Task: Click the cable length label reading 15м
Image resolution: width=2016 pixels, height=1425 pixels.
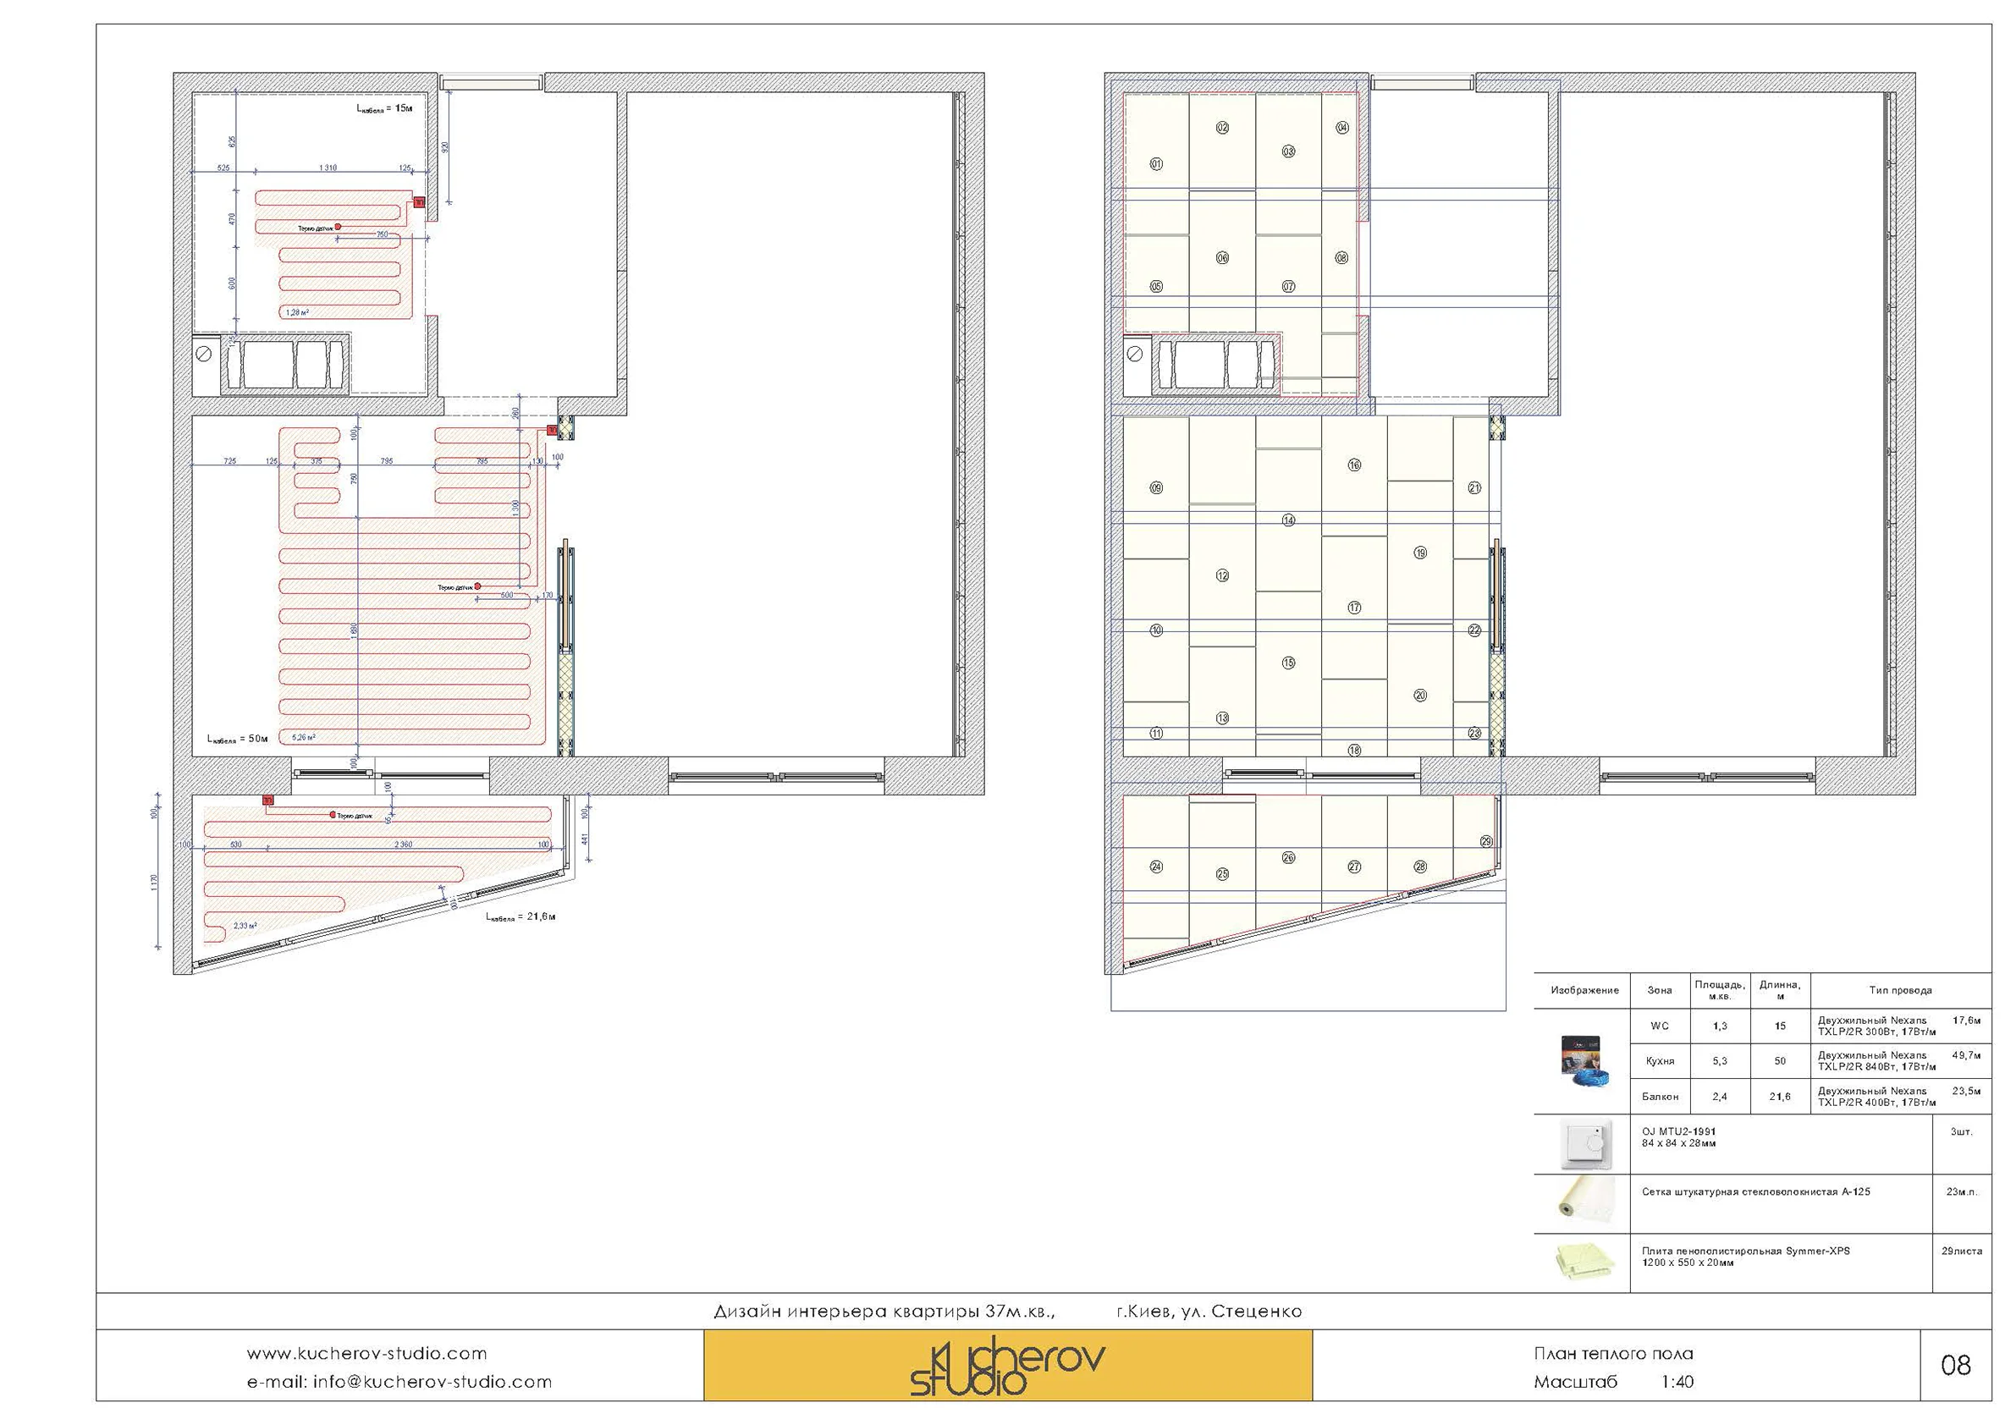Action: pos(384,108)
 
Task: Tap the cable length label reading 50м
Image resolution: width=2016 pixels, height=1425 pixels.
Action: pos(237,739)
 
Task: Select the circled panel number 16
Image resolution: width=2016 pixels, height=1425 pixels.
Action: pos(1354,465)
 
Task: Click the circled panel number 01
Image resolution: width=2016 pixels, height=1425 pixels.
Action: pos(1156,164)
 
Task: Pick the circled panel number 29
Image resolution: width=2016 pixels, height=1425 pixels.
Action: pos(1485,841)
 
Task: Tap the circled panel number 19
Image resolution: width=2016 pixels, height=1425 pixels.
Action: pos(1420,553)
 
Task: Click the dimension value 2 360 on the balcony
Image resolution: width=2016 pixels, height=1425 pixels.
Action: pos(403,845)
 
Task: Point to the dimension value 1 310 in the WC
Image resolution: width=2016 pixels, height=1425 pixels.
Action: pos(328,168)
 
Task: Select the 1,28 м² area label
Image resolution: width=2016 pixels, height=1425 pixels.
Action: pos(297,312)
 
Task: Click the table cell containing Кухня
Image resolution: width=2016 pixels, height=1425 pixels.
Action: pos(1660,1060)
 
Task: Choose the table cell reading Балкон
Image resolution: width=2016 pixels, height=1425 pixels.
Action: pos(1660,1096)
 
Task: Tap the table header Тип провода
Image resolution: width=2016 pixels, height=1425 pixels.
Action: pos(1900,989)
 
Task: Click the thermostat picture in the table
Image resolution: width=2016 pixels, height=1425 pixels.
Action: pos(1585,1145)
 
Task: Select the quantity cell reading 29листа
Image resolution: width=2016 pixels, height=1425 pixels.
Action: pos(1962,1251)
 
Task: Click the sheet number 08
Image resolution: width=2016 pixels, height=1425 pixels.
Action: pos(1955,1364)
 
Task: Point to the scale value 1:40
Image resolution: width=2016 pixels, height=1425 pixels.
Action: pos(1677,1381)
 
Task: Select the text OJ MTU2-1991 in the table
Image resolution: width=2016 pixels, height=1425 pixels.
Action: pos(1678,1131)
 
